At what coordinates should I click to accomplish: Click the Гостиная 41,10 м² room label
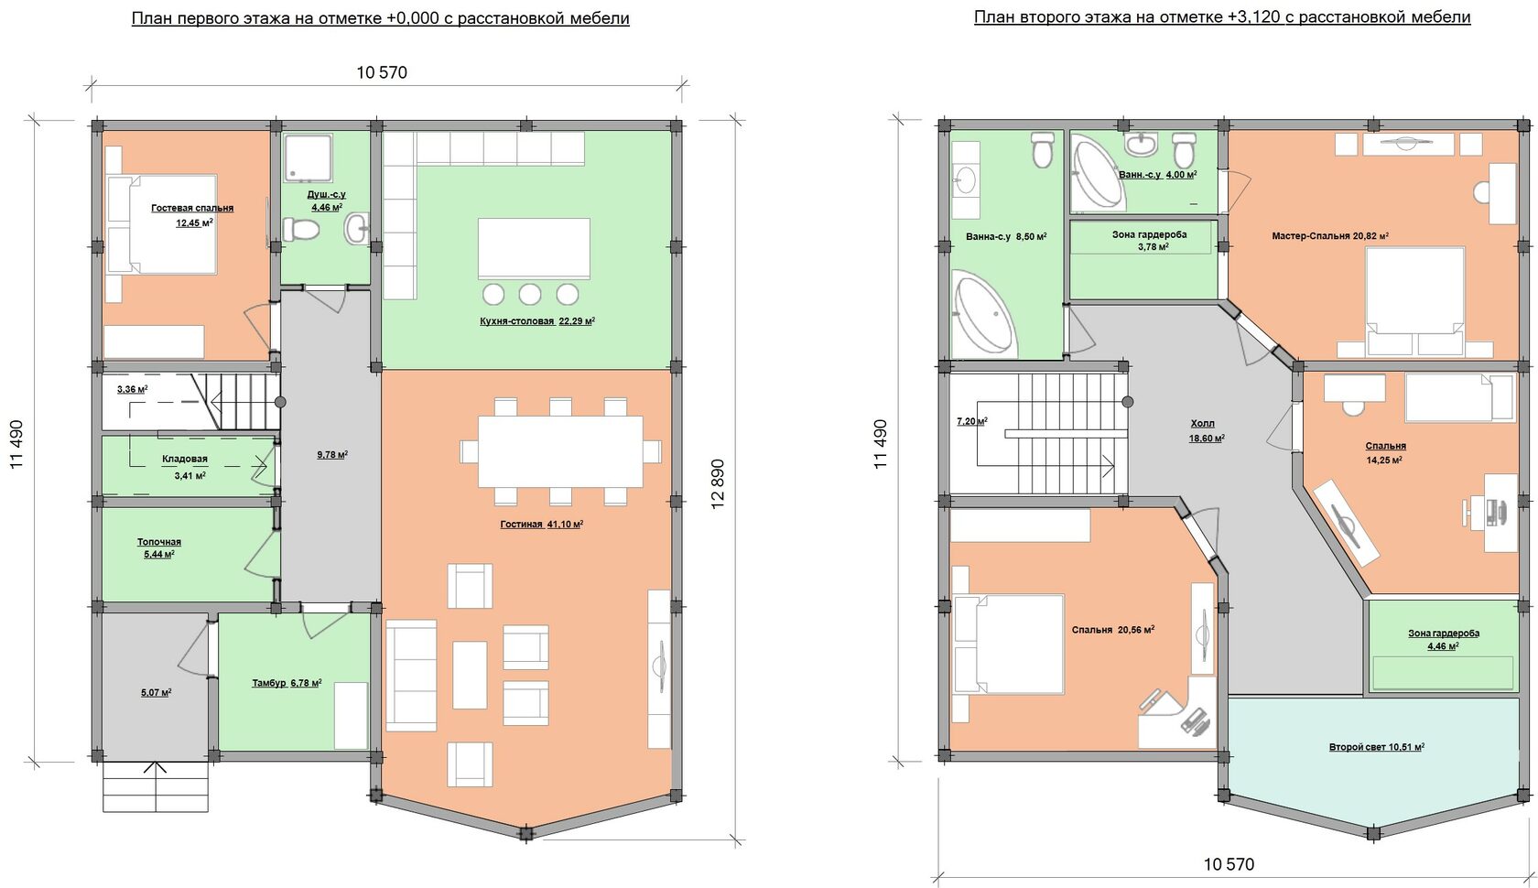(x=542, y=524)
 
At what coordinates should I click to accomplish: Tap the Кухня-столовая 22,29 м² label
(x=537, y=320)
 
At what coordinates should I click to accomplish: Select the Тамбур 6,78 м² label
(x=287, y=683)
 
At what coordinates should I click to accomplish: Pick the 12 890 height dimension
(x=717, y=483)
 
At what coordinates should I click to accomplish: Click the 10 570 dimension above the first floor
(x=382, y=72)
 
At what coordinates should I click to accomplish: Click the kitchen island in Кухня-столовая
(x=535, y=248)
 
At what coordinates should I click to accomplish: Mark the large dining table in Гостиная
(x=560, y=451)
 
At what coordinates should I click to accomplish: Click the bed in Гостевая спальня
(x=161, y=224)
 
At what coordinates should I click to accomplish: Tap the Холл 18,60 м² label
(x=1207, y=430)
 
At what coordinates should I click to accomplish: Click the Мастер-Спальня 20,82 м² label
(x=1330, y=235)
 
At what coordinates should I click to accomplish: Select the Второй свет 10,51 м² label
(x=1377, y=746)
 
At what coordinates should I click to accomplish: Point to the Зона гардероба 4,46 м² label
(x=1444, y=639)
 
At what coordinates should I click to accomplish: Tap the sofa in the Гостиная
(x=411, y=675)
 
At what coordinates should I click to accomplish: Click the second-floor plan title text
(x=1222, y=17)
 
